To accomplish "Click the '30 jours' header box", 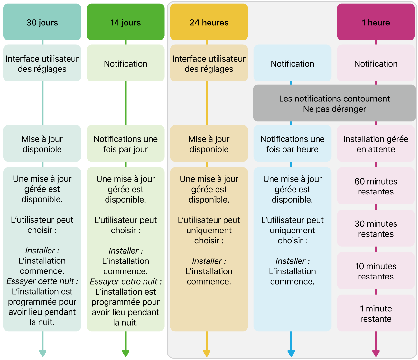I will click(x=42, y=22).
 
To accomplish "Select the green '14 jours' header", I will click(x=125, y=22).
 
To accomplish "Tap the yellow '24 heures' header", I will click(x=209, y=22).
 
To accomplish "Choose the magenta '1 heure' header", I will click(x=376, y=22).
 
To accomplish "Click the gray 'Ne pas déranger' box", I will click(x=334, y=103).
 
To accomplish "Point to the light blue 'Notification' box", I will click(x=292, y=63).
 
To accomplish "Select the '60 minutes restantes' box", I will click(x=376, y=186).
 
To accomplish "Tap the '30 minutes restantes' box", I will click(x=376, y=229).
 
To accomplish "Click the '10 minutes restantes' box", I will click(x=376, y=271).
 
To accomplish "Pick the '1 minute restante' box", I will click(x=376, y=313).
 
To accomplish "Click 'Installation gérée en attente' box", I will click(x=376, y=144).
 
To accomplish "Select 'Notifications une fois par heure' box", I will click(x=292, y=144).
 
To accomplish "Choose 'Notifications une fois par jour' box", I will click(x=125, y=144).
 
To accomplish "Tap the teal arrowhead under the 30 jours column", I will click(x=42, y=353).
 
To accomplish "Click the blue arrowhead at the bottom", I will click(x=291, y=353).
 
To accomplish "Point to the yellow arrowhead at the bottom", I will click(x=207, y=353).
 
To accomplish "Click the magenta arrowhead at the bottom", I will click(x=376, y=353).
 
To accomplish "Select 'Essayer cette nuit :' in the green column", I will click(x=125, y=281).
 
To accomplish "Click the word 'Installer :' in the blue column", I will click(x=292, y=261).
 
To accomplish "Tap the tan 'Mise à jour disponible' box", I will click(x=209, y=144).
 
